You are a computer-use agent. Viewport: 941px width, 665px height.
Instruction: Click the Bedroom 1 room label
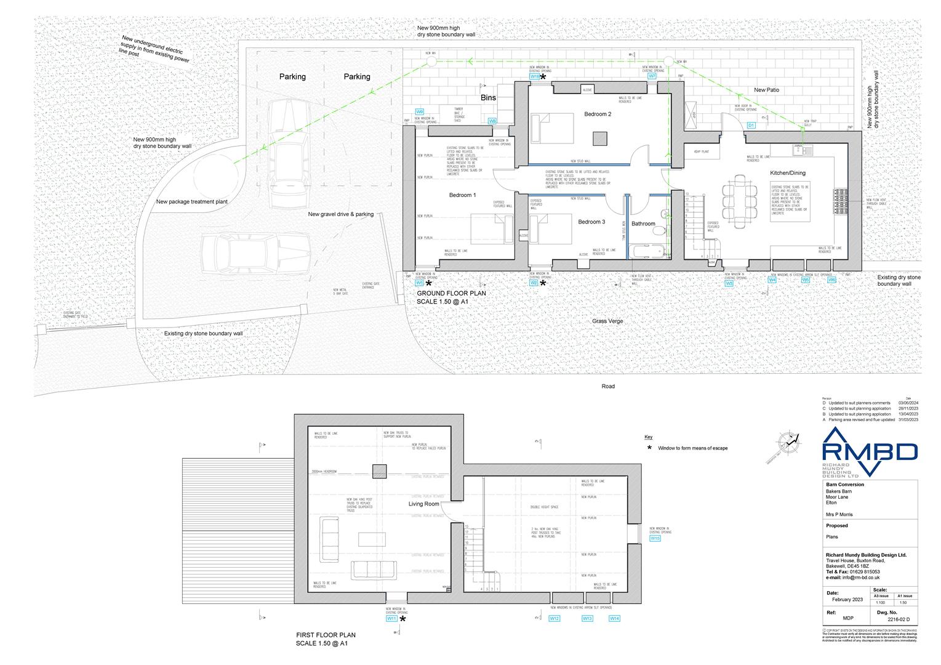tap(462, 195)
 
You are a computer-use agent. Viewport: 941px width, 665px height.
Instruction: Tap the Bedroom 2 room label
tap(598, 114)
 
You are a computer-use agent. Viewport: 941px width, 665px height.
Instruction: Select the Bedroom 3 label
tap(591, 222)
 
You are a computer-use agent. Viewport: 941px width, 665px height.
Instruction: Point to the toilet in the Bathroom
tap(660, 230)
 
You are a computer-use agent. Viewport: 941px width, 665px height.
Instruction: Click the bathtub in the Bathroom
tap(646, 251)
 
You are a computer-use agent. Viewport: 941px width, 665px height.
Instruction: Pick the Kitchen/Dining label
tap(787, 173)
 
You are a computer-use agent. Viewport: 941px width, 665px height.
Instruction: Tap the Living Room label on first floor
tap(423, 504)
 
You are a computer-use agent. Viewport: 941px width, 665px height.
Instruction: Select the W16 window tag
tap(655, 538)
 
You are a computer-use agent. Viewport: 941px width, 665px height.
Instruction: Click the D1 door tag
tap(751, 125)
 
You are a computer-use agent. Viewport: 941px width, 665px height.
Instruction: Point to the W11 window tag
tap(391, 619)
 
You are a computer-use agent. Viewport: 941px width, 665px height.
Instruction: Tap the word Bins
tap(488, 98)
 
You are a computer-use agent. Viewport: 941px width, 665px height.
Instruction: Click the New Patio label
tap(766, 90)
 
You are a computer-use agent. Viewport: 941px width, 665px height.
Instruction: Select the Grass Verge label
tap(607, 321)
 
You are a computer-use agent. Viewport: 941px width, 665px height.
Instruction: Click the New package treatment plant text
tap(192, 201)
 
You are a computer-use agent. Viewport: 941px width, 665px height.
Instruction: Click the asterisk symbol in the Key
tap(649, 448)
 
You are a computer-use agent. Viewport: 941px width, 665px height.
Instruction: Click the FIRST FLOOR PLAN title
tap(326, 635)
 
